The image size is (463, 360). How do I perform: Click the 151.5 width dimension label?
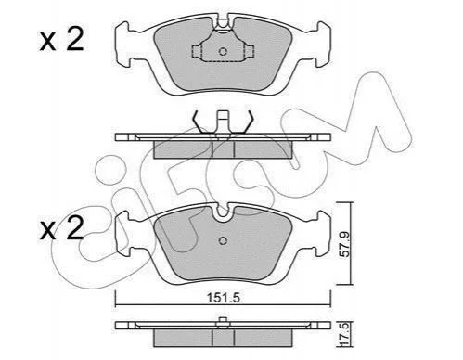(x=224, y=298)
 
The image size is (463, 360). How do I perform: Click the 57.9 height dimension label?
(x=343, y=245)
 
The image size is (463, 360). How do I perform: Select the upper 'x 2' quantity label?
(x=62, y=39)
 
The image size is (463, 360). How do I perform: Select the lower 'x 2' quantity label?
(x=62, y=228)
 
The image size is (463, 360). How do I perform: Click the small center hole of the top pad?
(x=223, y=51)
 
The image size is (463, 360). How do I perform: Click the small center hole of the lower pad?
(x=223, y=240)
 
